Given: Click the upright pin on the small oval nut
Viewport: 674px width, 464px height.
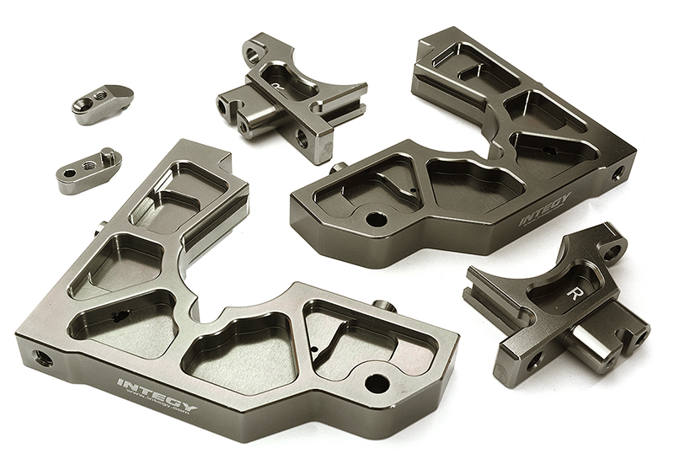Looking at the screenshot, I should tap(107, 156).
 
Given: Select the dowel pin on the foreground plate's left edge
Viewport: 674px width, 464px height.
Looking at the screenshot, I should tap(101, 227).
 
